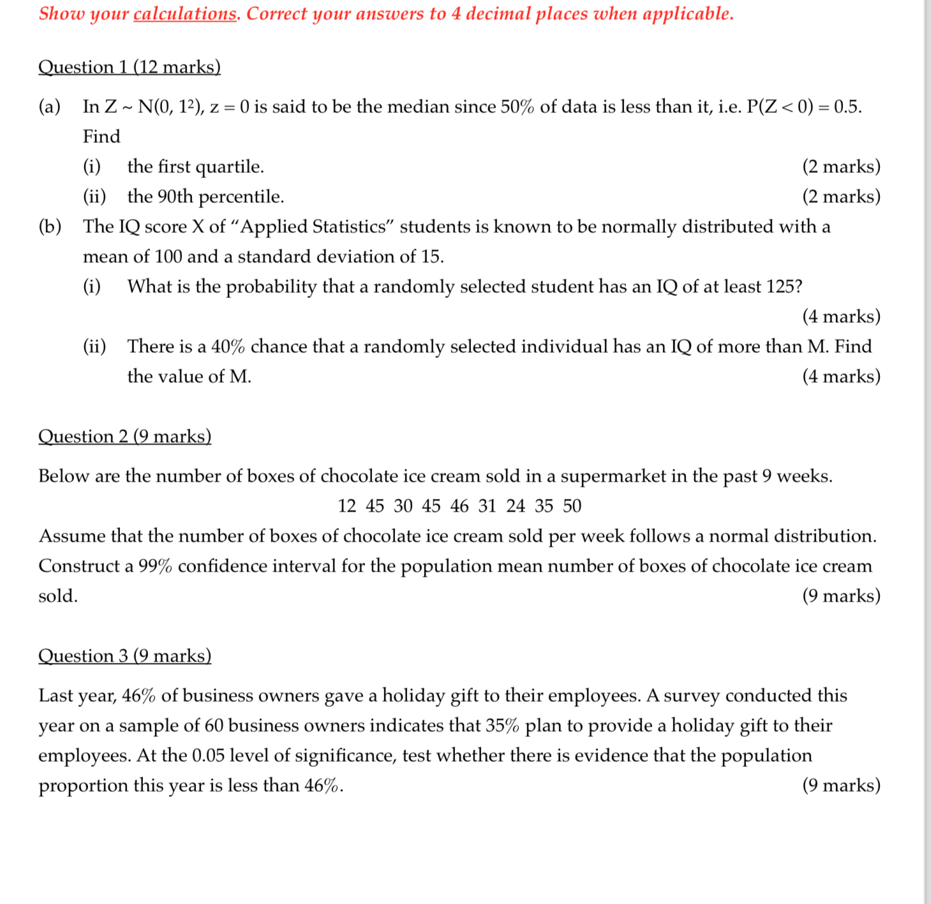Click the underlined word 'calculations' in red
[x=184, y=14]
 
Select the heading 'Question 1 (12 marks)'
[x=130, y=67]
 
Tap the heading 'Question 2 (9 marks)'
[x=125, y=436]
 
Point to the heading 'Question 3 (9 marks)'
[x=125, y=656]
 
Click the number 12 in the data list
[x=346, y=506]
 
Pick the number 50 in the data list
[x=572, y=506]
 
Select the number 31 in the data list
[x=487, y=506]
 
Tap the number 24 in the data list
[x=516, y=506]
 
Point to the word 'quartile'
[x=229, y=167]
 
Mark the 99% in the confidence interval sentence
[x=155, y=566]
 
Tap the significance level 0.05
[x=208, y=755]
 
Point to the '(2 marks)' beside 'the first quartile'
[x=841, y=167]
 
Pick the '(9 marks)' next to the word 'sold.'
[x=841, y=596]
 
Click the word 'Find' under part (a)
[x=101, y=137]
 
